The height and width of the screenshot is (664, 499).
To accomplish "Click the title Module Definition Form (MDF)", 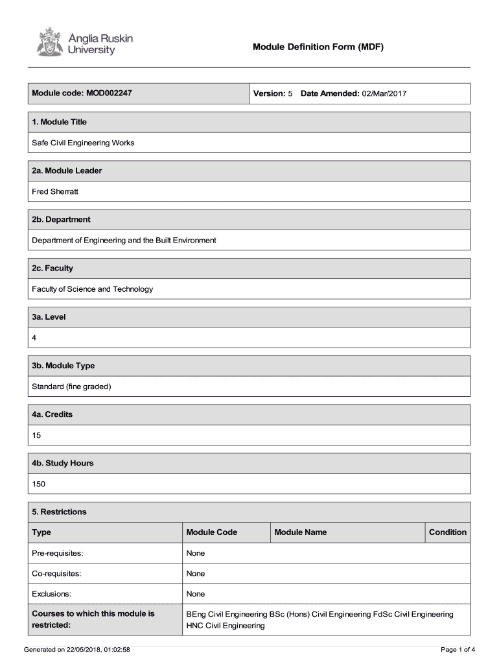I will pyautogui.click(x=318, y=47).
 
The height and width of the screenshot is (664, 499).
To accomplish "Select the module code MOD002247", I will pyautogui.click(x=108, y=93).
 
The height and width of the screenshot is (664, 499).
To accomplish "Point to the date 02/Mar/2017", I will pyautogui.click(x=384, y=93).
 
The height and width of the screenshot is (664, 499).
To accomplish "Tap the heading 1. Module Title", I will pyautogui.click(x=60, y=122).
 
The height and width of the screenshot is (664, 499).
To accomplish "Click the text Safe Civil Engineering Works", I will pyautogui.click(x=84, y=143).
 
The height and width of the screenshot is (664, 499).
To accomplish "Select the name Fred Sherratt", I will pyautogui.click(x=55, y=191).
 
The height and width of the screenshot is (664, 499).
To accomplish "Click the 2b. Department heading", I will pyautogui.click(x=62, y=219).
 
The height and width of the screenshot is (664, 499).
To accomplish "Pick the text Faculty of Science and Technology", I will pyautogui.click(x=93, y=289).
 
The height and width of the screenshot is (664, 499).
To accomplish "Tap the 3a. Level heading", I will pyautogui.click(x=49, y=317).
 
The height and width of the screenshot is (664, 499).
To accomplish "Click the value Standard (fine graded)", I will pyautogui.click(x=72, y=386).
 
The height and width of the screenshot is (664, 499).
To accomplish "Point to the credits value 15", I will pyautogui.click(x=37, y=435).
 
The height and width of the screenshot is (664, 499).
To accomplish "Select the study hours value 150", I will pyautogui.click(x=39, y=484).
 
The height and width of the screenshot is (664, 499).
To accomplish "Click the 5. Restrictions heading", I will pyautogui.click(x=60, y=512).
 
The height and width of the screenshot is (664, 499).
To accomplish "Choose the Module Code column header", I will pyautogui.click(x=212, y=532).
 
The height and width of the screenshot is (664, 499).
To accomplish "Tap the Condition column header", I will pyautogui.click(x=447, y=532).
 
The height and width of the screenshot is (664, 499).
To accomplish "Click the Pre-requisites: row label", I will pyautogui.click(x=58, y=553).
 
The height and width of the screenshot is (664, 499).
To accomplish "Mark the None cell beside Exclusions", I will pyautogui.click(x=196, y=594).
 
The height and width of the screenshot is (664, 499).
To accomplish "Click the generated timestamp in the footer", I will pyautogui.click(x=76, y=649).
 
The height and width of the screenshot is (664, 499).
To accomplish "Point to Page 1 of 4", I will pyautogui.click(x=458, y=649).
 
